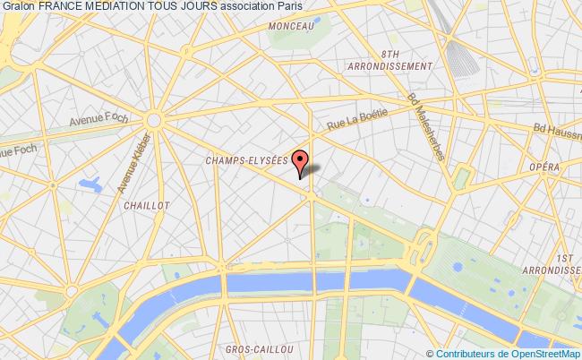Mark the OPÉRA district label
click(x=543, y=167)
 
